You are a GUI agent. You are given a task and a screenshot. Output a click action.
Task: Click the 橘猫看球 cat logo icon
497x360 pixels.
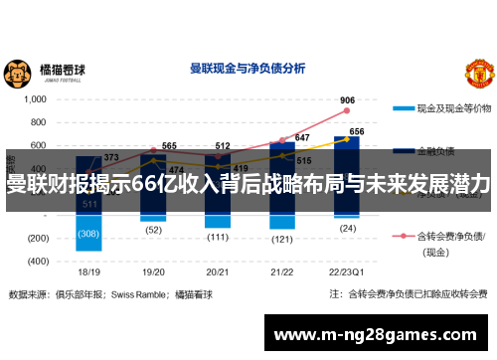pos(17,74)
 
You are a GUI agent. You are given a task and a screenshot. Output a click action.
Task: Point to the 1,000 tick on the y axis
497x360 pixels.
pos(34,100)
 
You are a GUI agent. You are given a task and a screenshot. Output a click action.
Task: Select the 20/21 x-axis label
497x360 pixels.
pos(218,270)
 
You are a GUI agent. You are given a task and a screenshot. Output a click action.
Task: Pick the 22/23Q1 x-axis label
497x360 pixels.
pos(346,270)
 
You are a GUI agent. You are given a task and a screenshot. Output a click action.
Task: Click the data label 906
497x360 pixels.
pos(347,100)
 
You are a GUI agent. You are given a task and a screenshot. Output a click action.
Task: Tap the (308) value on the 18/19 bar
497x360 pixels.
pos(88,234)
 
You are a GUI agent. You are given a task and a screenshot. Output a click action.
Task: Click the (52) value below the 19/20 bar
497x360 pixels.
pos(153,229)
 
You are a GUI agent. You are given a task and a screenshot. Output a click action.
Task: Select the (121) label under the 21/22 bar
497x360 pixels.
pos(281,239)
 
